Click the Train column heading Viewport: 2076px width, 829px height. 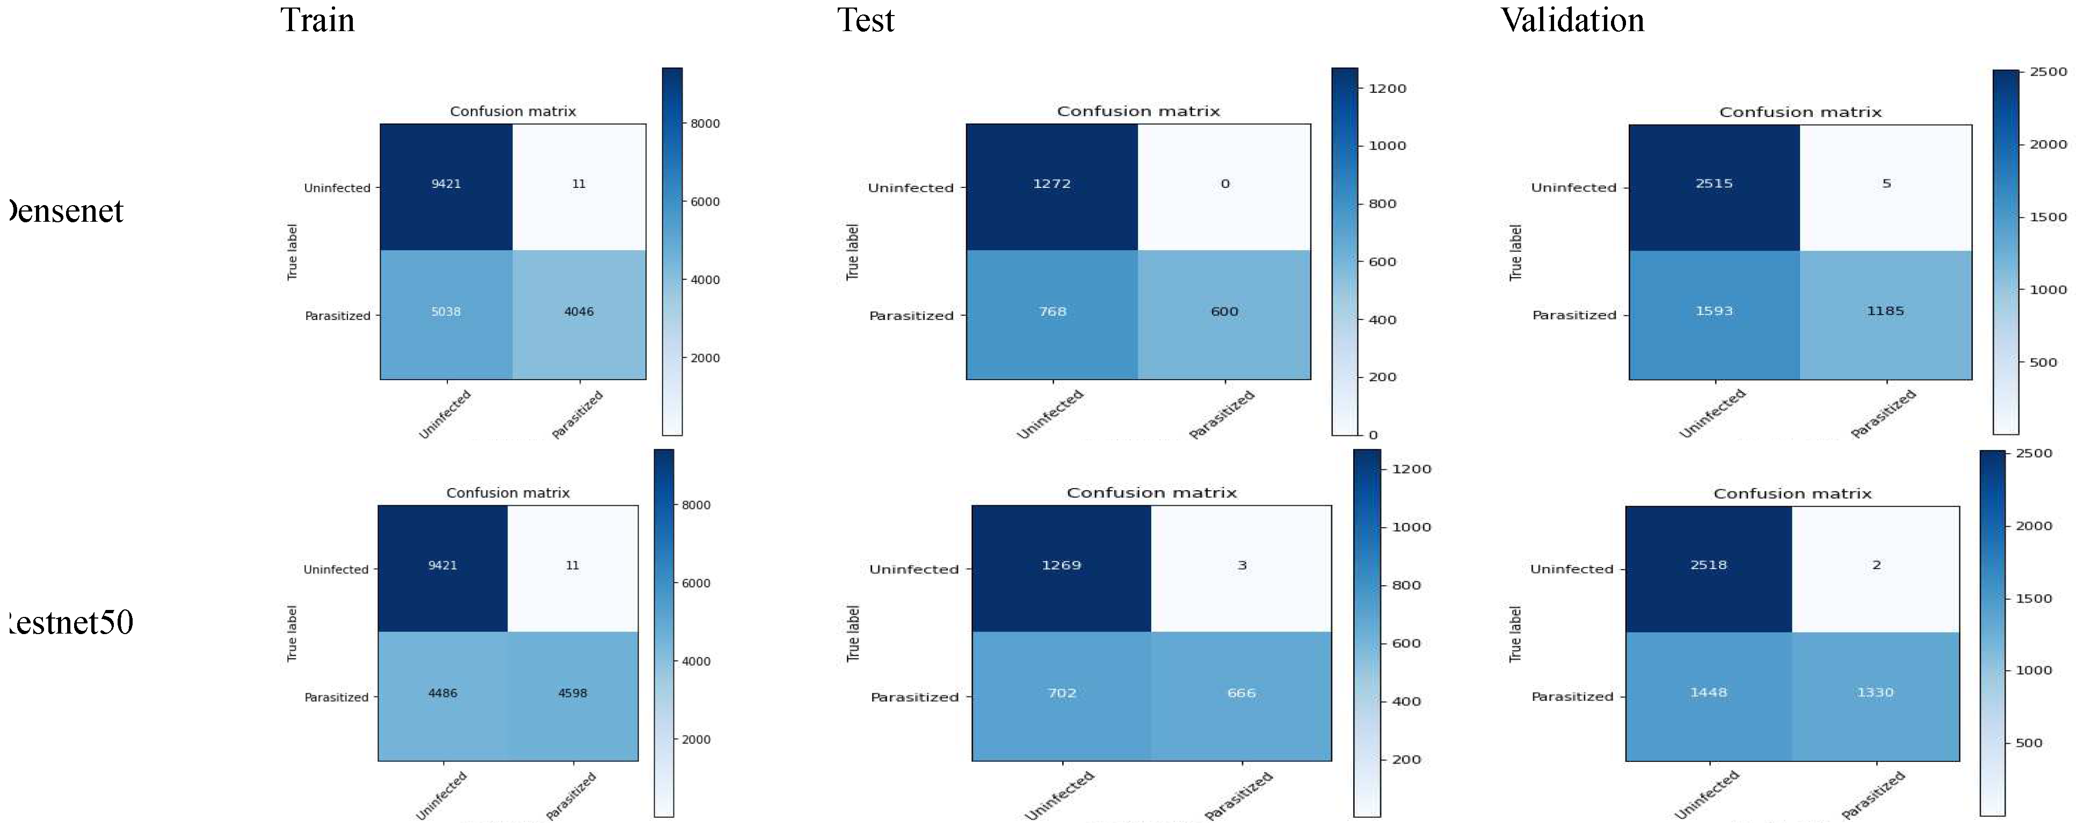[x=317, y=20]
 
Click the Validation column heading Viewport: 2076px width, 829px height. [x=1572, y=20]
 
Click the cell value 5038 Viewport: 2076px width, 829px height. [x=446, y=312]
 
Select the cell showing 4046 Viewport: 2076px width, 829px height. [x=579, y=312]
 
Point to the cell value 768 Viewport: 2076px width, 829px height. [x=1052, y=312]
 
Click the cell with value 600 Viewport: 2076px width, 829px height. [x=1224, y=312]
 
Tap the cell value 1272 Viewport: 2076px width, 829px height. [x=1052, y=184]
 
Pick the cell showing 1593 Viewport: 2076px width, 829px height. [x=1714, y=311]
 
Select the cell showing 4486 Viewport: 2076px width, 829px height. [x=442, y=693]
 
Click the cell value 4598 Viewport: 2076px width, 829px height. [x=572, y=693]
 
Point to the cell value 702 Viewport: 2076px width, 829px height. [x=1062, y=693]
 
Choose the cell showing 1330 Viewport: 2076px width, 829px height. [x=1875, y=692]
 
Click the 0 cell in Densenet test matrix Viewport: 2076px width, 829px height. [x=1225, y=184]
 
